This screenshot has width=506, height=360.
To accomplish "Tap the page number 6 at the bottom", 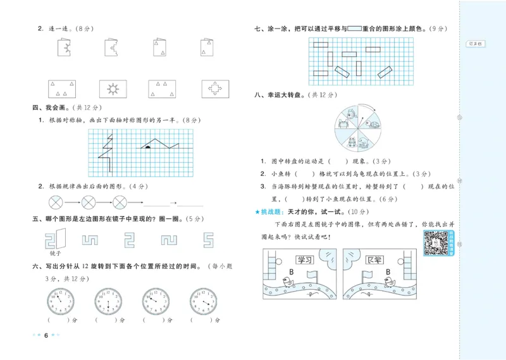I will click(x=46, y=335).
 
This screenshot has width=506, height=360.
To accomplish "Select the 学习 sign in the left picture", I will click(x=305, y=259).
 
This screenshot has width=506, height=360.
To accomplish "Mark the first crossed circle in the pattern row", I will click(x=57, y=203).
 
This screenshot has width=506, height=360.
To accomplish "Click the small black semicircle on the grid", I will click(x=147, y=147).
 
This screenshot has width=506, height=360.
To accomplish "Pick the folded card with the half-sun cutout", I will click(x=65, y=47).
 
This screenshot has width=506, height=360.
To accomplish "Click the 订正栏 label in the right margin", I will click(x=474, y=44).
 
